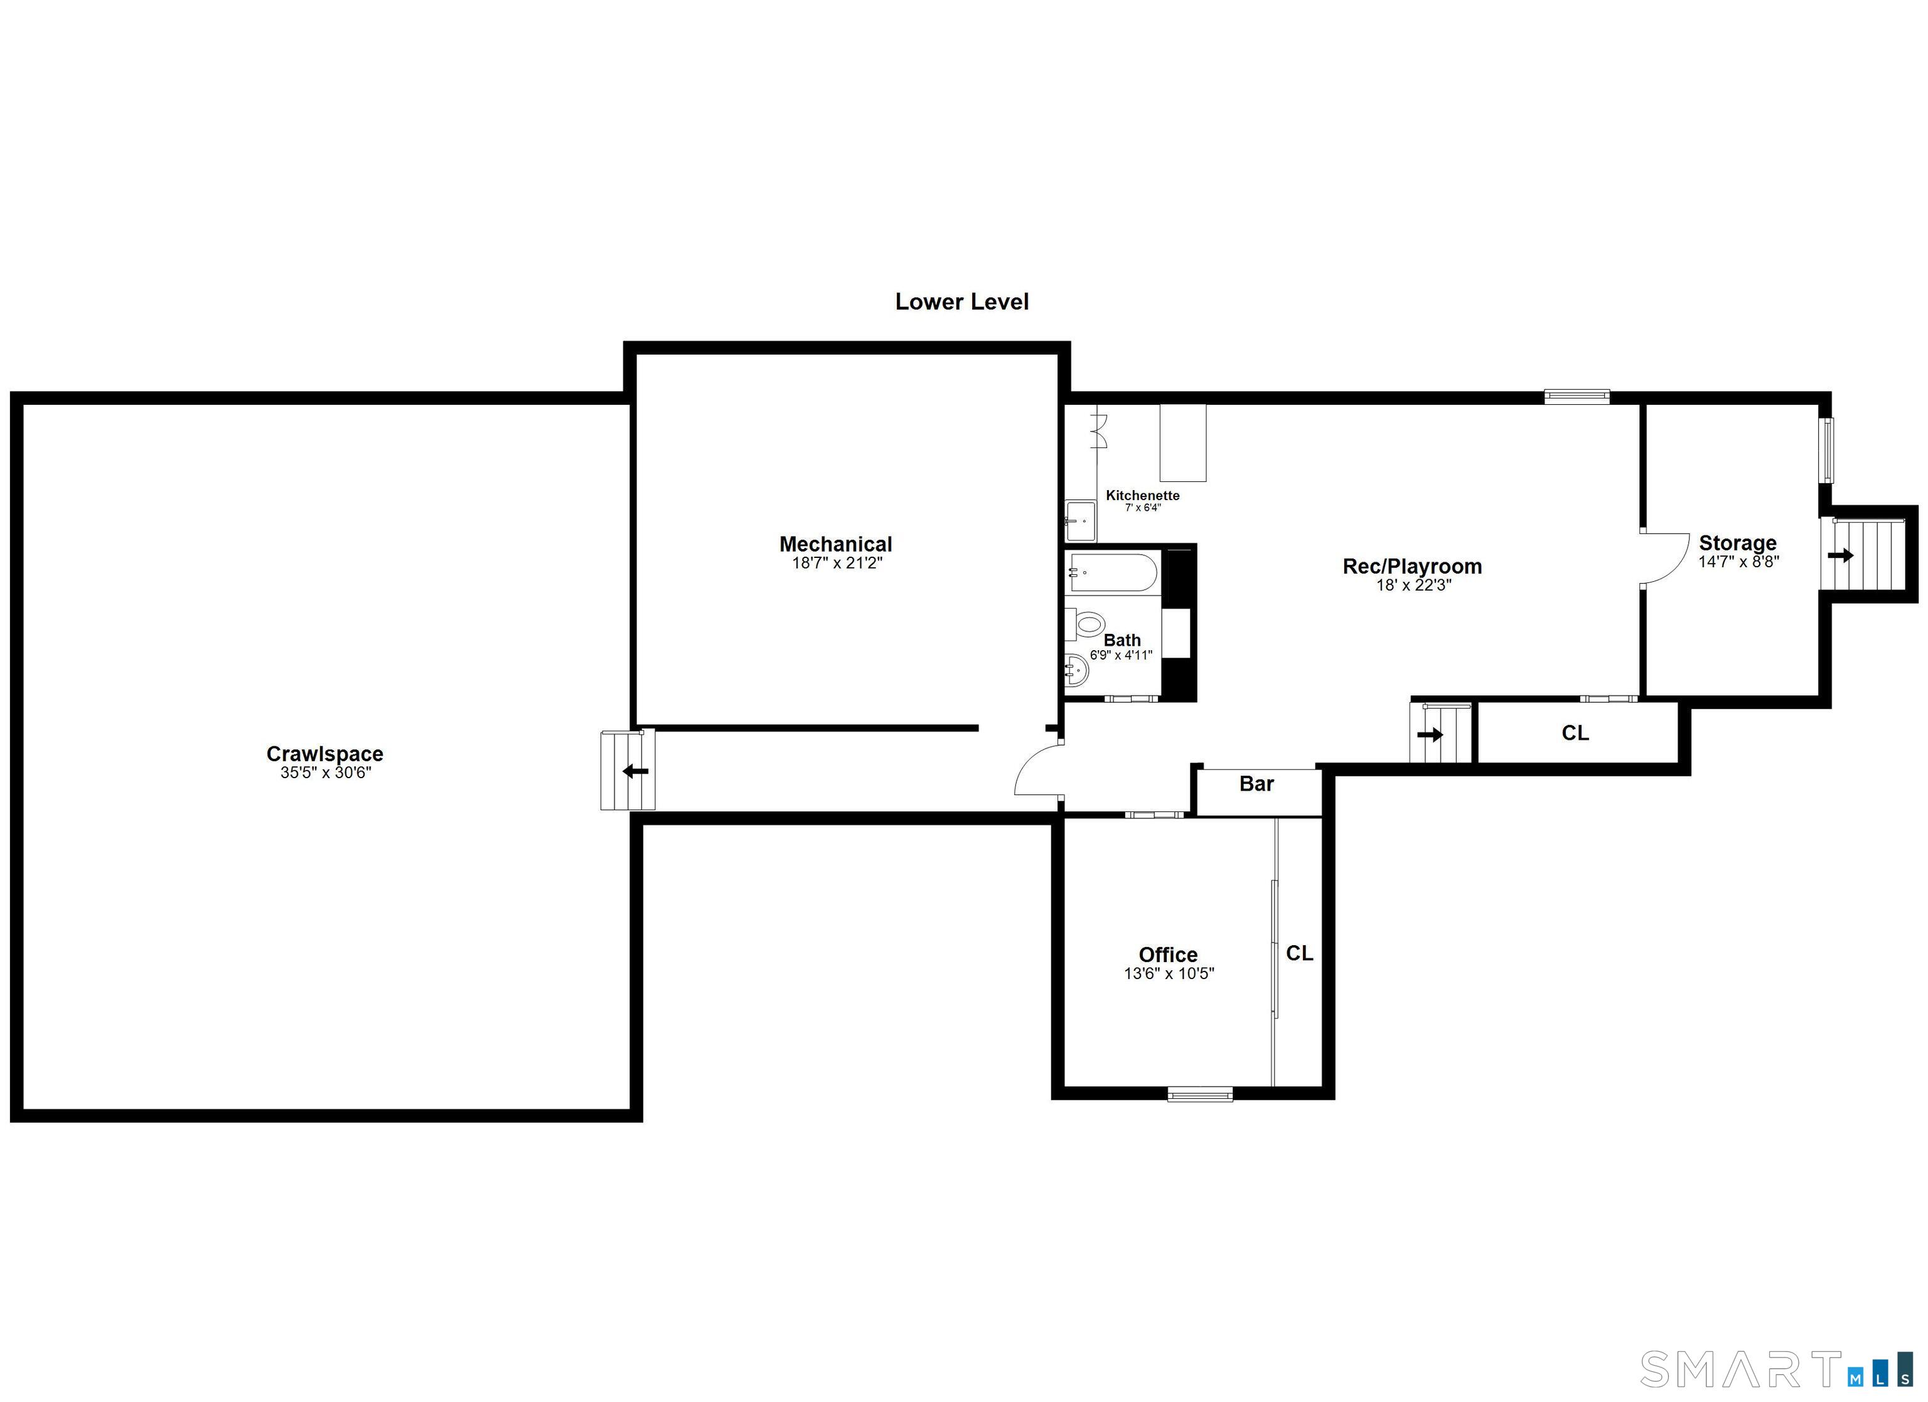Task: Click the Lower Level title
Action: click(961, 302)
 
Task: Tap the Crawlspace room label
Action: click(324, 753)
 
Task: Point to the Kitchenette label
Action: click(1142, 495)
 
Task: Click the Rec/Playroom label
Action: click(1412, 566)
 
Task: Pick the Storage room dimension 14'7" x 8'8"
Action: click(1738, 562)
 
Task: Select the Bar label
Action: click(1256, 784)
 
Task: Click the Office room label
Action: click(1168, 955)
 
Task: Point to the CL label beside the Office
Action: click(1299, 954)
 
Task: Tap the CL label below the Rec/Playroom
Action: click(1575, 733)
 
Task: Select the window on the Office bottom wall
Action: click(1199, 1095)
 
